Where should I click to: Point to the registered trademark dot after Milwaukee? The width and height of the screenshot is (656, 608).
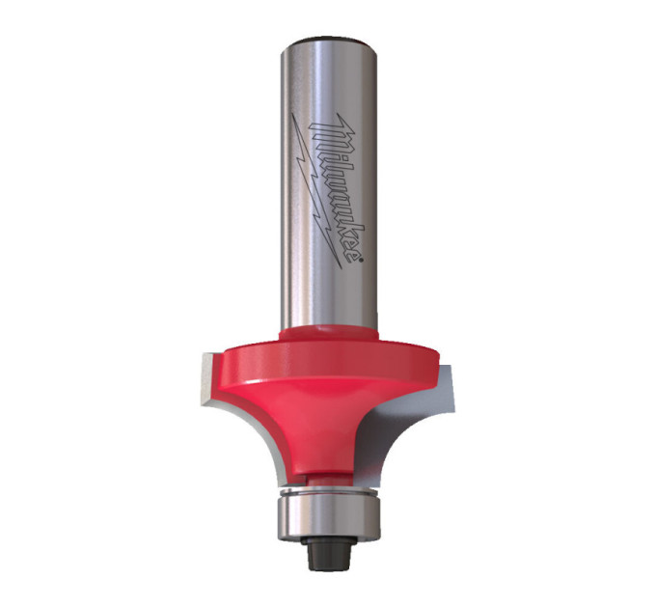pos(360,262)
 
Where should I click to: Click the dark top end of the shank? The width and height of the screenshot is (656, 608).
pos(329,41)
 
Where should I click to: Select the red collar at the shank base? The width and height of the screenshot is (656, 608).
pos(329,334)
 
